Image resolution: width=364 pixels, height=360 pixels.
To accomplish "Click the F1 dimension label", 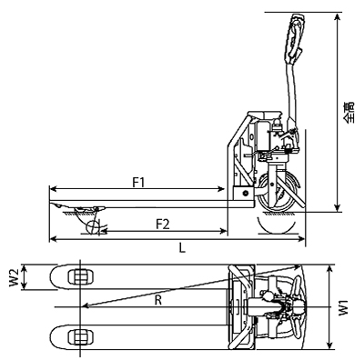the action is click(x=139, y=183).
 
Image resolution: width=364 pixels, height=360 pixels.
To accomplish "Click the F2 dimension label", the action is click(x=163, y=225).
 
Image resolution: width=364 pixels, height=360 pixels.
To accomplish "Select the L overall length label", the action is click(x=182, y=248).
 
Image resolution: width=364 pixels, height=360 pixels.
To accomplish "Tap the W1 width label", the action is click(x=343, y=308).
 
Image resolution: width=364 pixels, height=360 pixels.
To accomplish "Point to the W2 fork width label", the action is click(x=14, y=277).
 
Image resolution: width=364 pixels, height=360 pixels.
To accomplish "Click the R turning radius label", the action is click(x=158, y=300).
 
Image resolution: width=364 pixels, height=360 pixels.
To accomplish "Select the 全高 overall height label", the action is click(x=349, y=113).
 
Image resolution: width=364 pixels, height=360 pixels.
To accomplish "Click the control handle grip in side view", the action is click(x=293, y=38).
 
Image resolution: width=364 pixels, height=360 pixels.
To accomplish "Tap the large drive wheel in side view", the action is click(x=276, y=192).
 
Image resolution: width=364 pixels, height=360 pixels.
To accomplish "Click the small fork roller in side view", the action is click(x=93, y=227).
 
